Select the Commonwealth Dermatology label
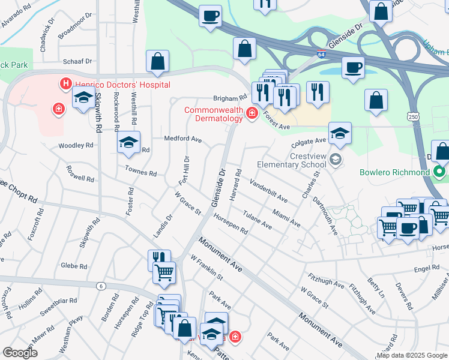213,114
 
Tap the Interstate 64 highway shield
322,54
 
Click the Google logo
20,353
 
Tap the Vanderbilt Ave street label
268,191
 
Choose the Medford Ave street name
183,139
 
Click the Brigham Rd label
231,98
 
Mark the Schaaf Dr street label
79,61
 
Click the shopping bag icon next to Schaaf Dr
157,61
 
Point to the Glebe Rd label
74,266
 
